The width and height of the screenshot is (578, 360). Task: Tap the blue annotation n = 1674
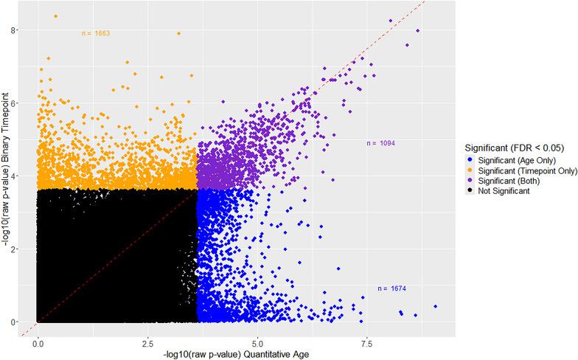coord(393,288)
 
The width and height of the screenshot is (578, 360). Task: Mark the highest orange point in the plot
coord(55,16)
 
